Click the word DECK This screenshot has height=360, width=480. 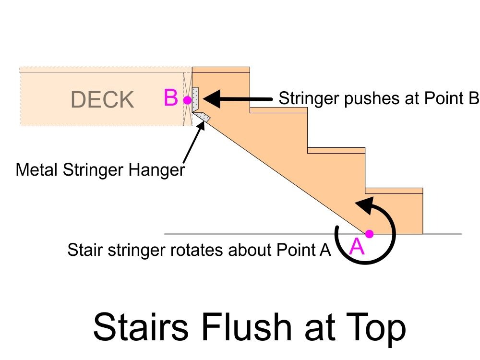pos(102,100)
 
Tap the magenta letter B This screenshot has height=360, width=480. pos(171,98)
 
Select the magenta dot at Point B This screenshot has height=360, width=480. pos(187,100)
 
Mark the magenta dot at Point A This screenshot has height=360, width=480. pos(369,234)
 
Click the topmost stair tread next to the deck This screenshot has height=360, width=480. pos(221,70)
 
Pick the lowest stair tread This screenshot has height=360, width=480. pos(394,191)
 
